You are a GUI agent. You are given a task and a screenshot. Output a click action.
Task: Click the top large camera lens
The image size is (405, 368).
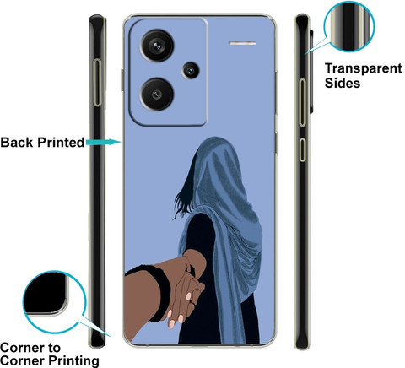pos(157,46)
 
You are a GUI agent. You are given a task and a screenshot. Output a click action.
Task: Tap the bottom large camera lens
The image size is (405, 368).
pos(157,95)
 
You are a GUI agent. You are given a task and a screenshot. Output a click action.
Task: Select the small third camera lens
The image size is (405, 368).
pos(191,70)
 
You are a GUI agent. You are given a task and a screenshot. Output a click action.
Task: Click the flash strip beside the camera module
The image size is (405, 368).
pos(242,43)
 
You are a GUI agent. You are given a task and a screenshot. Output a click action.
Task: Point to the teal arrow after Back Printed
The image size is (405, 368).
pos(103,142)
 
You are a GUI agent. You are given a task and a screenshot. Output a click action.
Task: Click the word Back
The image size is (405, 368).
pos(17,143)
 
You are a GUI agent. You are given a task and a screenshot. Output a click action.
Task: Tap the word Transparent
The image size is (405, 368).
pos(364,68)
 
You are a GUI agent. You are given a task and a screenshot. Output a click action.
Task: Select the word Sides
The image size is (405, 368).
pos(343,84)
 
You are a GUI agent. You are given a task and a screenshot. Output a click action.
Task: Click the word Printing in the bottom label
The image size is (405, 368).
pos(73,360)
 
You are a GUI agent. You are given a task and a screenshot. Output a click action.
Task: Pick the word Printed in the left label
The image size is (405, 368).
pos(61,143)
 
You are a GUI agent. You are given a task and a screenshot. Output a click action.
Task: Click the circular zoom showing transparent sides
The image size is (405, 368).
pos(349,26)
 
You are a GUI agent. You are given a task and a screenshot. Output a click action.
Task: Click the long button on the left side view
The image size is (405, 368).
pos(97,83)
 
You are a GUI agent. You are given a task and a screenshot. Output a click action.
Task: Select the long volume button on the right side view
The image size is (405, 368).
pos(302,102)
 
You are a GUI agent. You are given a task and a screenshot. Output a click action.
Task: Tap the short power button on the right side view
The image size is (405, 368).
pos(302,149)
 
